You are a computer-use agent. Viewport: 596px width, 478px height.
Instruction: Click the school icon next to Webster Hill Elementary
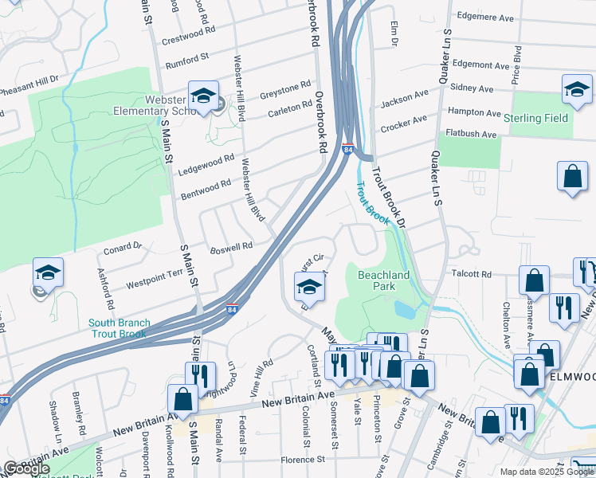coord(203,96)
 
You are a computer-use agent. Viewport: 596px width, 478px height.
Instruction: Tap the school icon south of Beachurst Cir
coord(310,288)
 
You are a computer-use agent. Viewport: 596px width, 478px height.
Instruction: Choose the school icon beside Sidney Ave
coord(576,90)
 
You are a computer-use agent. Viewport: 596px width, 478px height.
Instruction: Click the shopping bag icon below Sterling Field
coord(573,177)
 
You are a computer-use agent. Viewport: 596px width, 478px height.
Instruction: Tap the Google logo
coord(26,468)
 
